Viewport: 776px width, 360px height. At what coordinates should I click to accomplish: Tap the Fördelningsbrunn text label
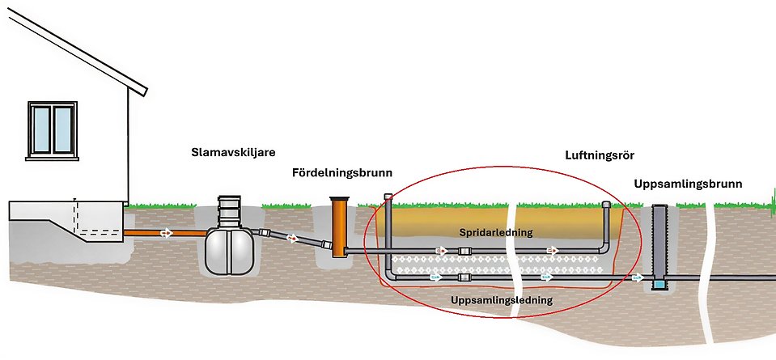[x=342, y=172]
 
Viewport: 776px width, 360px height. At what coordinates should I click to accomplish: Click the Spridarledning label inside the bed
[x=496, y=231]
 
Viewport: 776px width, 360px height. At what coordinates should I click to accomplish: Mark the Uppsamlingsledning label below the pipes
[x=502, y=300]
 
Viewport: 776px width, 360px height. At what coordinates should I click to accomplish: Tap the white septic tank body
[x=229, y=251]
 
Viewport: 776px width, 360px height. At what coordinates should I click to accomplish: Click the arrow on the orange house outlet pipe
[x=166, y=233]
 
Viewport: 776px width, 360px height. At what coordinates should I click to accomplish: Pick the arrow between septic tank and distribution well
[x=293, y=239]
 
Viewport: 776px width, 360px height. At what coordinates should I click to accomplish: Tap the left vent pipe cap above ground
[x=388, y=197]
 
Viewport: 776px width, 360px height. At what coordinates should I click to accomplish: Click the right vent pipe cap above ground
[x=606, y=205]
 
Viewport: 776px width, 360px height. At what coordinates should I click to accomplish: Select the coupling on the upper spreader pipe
[x=465, y=252]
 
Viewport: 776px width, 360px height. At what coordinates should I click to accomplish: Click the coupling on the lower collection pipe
[x=464, y=277]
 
